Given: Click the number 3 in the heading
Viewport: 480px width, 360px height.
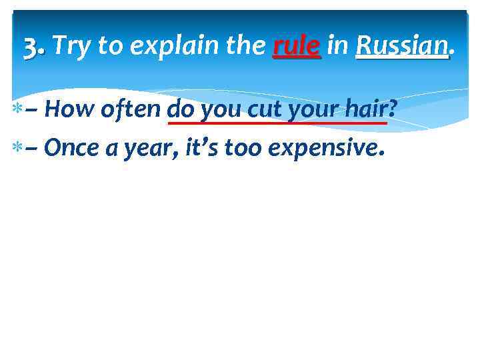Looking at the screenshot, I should coord(31,46).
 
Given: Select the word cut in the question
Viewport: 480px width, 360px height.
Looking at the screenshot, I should coord(266,109).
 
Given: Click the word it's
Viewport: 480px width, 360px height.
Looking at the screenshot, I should coord(202,147).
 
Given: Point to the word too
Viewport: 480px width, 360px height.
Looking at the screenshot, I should coord(244,147).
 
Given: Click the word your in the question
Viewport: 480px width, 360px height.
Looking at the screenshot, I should coord(309,110).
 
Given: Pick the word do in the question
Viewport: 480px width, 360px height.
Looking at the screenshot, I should coord(181,109).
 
